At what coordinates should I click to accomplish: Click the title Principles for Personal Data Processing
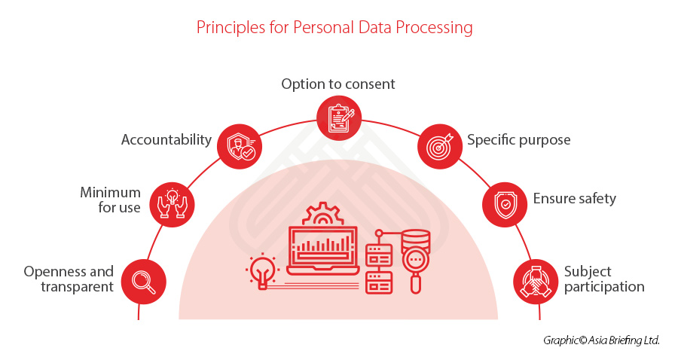(x=334, y=28)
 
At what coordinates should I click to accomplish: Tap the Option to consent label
(x=338, y=84)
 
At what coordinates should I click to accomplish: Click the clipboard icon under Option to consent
(x=339, y=117)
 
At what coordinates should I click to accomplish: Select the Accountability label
(x=166, y=139)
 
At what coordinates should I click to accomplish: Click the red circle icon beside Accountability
(x=239, y=146)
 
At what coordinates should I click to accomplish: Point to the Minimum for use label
(x=110, y=200)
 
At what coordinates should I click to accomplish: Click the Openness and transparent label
(x=69, y=279)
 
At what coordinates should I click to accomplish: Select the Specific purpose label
(x=518, y=139)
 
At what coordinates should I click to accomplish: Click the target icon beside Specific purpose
(x=439, y=146)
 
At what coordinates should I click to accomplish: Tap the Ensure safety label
(x=574, y=199)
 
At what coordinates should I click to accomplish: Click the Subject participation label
(x=604, y=279)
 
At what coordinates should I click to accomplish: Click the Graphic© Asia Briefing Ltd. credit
(x=601, y=340)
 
